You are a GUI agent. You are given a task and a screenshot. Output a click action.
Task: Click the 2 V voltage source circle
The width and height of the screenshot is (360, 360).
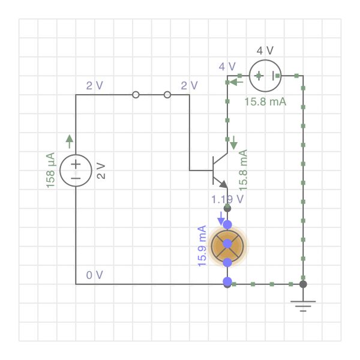[76, 170]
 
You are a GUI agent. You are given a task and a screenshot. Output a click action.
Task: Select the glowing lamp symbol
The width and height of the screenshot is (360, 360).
[227, 244]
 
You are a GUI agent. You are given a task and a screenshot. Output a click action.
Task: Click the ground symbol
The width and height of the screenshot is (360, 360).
[304, 306]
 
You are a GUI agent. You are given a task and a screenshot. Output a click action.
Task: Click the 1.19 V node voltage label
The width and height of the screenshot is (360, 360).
[227, 199]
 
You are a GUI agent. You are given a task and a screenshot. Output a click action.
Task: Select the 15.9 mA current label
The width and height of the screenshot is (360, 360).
[202, 246]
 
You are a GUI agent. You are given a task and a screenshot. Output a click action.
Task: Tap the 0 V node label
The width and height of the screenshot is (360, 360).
[95, 275]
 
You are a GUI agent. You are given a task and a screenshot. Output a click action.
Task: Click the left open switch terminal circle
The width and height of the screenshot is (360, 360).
[136, 95]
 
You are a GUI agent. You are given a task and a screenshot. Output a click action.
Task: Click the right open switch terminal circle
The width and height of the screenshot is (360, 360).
[167, 95]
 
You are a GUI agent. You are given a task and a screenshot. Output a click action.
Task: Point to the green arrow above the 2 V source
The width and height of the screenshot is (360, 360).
[70, 141]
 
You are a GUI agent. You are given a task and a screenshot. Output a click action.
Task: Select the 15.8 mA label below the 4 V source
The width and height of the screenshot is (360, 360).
[265, 101]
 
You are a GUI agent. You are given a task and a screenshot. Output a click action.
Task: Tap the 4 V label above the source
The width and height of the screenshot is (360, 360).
[265, 50]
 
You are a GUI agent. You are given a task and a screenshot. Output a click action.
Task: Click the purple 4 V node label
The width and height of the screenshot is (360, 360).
[227, 66]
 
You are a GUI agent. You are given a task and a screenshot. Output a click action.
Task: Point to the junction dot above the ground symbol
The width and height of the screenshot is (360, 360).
[304, 284]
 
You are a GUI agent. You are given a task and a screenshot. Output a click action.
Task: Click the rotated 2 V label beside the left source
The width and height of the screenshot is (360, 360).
[101, 170]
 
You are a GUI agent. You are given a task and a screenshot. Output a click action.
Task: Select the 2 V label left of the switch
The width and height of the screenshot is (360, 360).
[95, 85]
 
